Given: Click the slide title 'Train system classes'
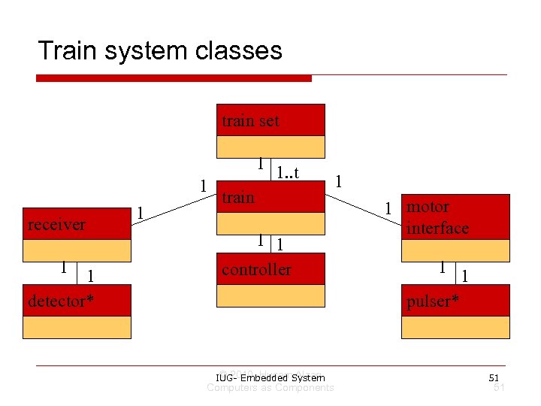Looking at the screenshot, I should click(159, 50).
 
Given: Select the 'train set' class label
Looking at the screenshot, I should click(250, 120).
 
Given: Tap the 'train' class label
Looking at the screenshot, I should click(238, 198).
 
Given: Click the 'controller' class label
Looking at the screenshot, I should click(256, 269).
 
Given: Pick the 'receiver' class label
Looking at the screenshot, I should click(56, 225).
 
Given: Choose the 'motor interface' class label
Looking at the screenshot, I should click(437, 217).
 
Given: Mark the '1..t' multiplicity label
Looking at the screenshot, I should click(288, 173).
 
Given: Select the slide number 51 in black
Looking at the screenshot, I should click(494, 377).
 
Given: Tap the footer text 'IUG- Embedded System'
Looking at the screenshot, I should click(270, 377).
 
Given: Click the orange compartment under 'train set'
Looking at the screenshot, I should click(270, 146).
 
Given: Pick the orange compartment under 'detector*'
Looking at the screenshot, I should click(77, 327).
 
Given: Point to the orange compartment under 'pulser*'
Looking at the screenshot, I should click(455, 327).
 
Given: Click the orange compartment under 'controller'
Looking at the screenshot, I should click(270, 295).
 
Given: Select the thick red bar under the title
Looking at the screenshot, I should click(174, 77).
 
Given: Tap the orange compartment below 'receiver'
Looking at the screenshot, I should click(77, 250).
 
